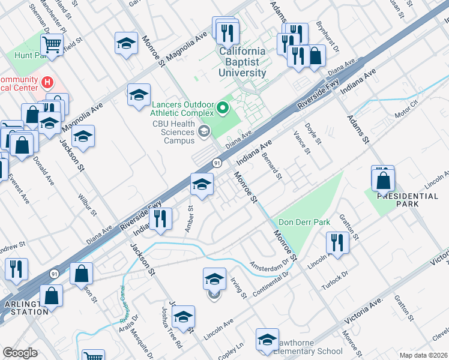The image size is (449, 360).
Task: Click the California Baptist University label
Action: [242, 62]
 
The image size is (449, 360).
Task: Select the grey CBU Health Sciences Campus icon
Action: [205, 131]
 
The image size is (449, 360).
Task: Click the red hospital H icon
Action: [46, 81]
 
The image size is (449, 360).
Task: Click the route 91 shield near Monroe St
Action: [217, 163]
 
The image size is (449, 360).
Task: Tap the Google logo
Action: [19, 353]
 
